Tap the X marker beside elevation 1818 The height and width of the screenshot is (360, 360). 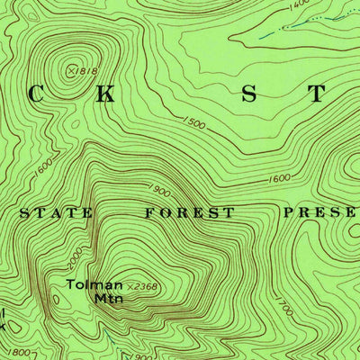tap(72, 68)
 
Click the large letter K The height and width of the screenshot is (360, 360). tap(106, 95)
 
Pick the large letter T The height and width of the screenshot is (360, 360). tap(316, 95)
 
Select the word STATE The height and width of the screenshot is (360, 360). tap(56, 213)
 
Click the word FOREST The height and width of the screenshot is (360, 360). tap(189, 213)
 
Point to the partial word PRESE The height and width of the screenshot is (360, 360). tap(319, 213)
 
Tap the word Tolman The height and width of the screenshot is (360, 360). tap(94, 285)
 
